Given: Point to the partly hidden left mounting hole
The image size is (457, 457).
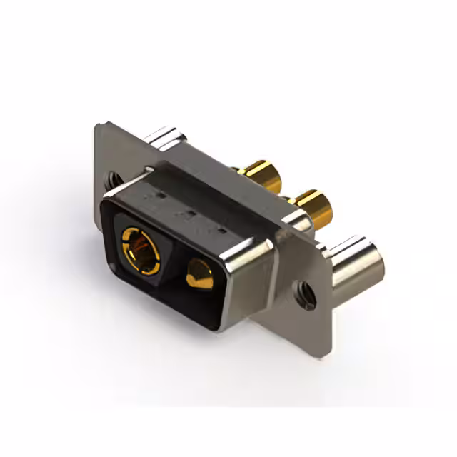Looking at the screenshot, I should click(112, 179).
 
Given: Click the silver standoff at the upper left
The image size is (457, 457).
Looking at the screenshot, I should click(166, 138).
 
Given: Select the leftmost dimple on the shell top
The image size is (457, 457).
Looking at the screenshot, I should click(159, 194).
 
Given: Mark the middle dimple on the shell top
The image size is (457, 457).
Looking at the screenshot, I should click(189, 213).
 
